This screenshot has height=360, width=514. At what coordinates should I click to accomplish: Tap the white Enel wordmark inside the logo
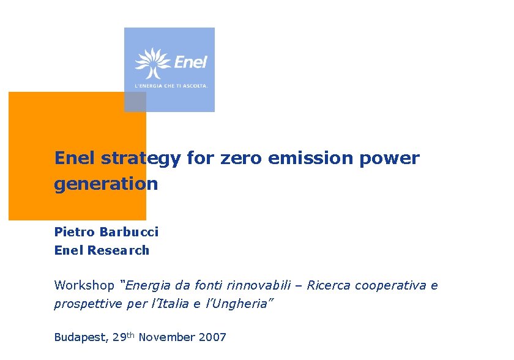tap(191, 62)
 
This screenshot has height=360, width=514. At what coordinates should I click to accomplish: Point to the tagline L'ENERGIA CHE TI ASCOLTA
tap(171, 86)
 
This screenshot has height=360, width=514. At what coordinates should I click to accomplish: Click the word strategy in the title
tap(141, 159)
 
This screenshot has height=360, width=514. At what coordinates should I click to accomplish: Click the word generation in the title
tap(106, 184)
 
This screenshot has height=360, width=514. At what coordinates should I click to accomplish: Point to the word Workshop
tap(84, 285)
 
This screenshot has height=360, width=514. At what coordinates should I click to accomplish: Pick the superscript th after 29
tap(132, 334)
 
